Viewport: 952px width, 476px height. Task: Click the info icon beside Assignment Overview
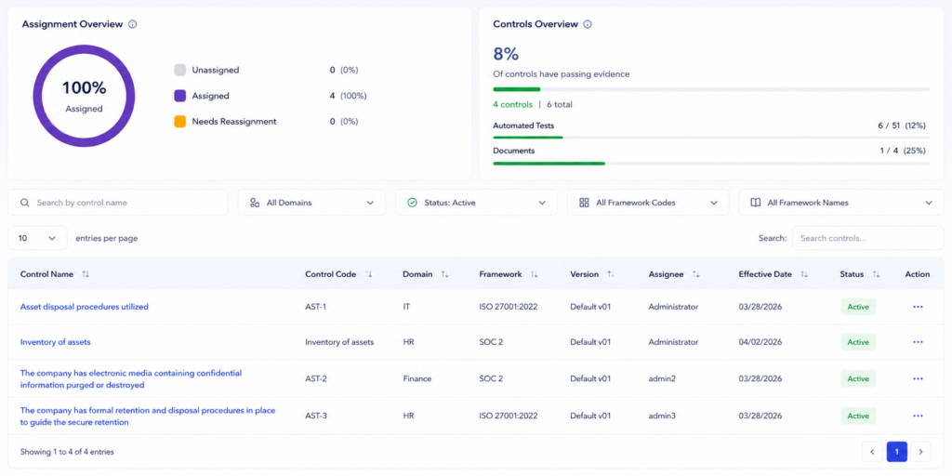(x=133, y=24)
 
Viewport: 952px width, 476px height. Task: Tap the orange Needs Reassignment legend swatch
(x=179, y=122)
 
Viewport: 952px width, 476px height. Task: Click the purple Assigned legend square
(x=179, y=96)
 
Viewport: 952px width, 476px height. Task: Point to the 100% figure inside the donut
(x=85, y=88)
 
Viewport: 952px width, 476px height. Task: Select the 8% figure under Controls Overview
(x=506, y=54)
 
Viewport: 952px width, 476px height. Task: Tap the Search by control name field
(x=118, y=203)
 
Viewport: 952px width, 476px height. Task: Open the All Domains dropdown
(x=311, y=203)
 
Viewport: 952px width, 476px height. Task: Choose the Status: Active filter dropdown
(x=476, y=203)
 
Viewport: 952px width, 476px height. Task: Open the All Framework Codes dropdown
(x=648, y=203)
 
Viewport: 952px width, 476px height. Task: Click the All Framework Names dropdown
(x=840, y=203)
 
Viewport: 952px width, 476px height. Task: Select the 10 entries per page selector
(x=37, y=238)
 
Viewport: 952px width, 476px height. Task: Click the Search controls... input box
(x=868, y=238)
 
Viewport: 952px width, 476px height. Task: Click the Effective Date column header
(x=765, y=274)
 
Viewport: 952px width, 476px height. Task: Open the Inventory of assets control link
(x=55, y=342)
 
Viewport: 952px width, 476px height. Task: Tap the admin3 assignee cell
(x=662, y=416)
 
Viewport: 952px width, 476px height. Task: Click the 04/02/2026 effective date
(x=760, y=342)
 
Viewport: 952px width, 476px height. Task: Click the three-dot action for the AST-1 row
(x=918, y=307)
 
